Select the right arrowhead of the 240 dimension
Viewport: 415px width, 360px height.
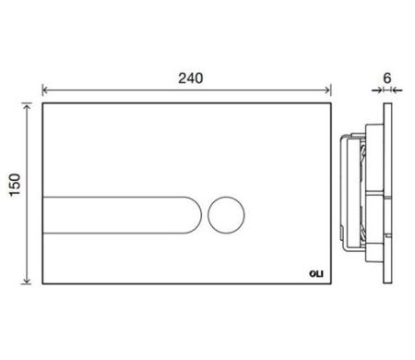(x=329, y=90)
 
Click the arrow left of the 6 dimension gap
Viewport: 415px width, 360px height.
(x=379, y=90)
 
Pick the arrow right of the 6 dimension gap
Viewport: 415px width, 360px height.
(x=397, y=90)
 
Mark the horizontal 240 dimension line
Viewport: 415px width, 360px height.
(x=138, y=90)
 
